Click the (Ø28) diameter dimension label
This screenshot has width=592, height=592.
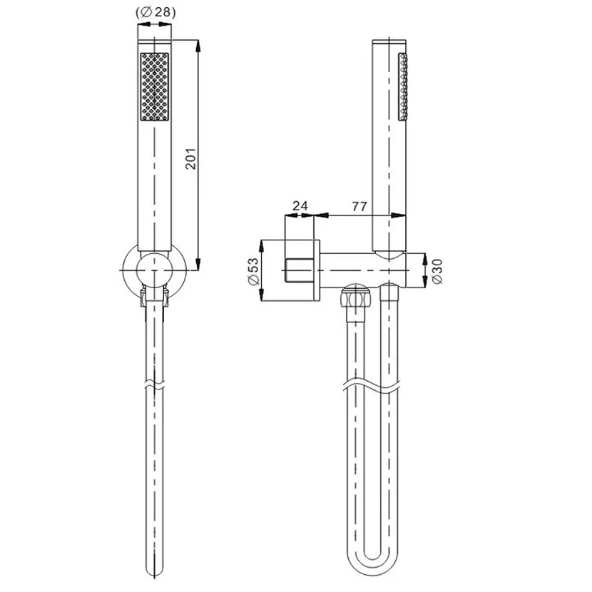(155, 12)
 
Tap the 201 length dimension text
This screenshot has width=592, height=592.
(190, 158)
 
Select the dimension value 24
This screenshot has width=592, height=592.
(302, 207)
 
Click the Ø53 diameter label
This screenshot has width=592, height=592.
(253, 272)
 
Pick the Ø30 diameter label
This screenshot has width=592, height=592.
(436, 272)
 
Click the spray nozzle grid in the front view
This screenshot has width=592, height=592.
(155, 86)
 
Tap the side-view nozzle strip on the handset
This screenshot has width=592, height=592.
(404, 83)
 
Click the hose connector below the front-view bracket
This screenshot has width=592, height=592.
(155, 298)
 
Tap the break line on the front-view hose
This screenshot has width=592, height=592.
(155, 385)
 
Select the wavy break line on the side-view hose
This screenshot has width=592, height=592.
(372, 387)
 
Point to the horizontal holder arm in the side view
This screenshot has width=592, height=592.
(364, 272)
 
